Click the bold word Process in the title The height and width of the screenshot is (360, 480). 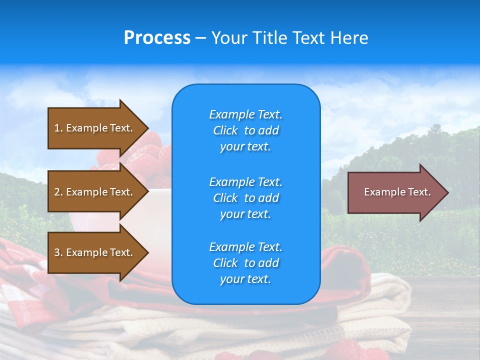(157, 38)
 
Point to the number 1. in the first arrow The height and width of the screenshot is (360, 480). (58, 128)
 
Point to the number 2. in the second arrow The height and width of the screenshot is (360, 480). (58, 192)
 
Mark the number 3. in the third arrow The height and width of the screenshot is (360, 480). (58, 252)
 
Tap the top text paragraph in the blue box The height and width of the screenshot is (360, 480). (245, 130)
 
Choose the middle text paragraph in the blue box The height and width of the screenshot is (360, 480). (245, 198)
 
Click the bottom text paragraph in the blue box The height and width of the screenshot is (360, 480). (245, 263)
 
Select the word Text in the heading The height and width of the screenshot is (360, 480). (308, 38)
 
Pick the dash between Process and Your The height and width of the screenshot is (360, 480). (200, 38)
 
